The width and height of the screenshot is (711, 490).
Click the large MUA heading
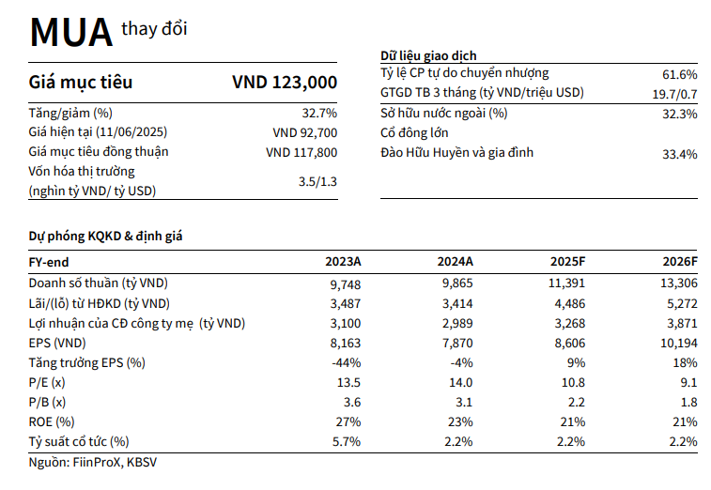(70, 33)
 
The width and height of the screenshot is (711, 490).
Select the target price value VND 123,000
(284, 83)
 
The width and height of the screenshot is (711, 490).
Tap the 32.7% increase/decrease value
(318, 113)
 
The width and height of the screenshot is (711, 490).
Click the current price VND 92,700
(304, 132)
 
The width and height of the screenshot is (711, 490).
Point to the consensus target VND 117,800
(301, 152)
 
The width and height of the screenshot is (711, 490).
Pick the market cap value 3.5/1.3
(317, 181)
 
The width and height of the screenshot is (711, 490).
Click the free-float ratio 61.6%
(679, 74)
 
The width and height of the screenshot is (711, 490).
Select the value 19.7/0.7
(674, 94)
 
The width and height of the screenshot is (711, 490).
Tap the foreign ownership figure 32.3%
(679, 114)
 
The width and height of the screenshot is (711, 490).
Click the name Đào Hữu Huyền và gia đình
(456, 152)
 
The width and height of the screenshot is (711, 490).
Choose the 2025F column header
(566, 263)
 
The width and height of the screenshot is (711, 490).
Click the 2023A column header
(343, 263)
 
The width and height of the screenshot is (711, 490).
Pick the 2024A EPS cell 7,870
(457, 343)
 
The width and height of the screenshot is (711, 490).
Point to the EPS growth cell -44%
(348, 362)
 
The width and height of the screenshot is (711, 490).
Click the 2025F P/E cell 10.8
(573, 382)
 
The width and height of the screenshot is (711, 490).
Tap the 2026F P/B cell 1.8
(688, 402)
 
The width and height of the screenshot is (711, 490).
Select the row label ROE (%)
(52, 421)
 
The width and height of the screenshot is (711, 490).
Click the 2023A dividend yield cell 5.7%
(348, 441)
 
